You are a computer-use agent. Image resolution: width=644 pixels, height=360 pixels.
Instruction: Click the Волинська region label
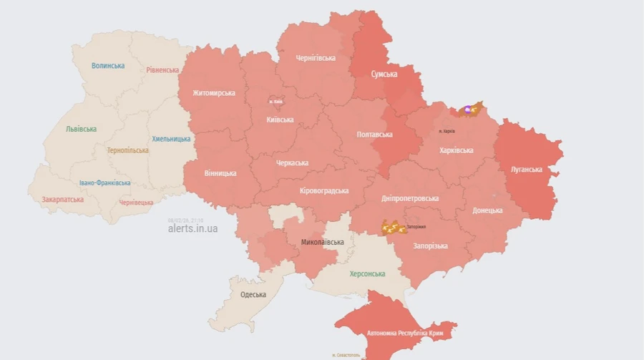click(x=108, y=66)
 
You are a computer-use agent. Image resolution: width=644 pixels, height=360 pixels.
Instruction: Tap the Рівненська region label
click(x=162, y=70)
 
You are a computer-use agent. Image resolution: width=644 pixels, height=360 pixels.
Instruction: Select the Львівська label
click(x=81, y=130)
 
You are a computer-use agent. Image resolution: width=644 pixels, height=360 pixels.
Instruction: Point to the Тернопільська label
click(x=128, y=151)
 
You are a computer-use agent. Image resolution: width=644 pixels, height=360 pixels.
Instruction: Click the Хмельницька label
click(x=171, y=139)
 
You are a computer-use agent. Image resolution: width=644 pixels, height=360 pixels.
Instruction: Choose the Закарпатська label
click(x=62, y=200)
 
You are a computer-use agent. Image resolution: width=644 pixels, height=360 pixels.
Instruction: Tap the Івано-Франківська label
click(x=105, y=183)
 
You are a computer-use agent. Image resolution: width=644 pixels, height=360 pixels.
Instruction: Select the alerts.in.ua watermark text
click(x=192, y=229)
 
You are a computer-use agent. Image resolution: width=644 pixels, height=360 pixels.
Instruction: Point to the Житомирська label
click(x=214, y=93)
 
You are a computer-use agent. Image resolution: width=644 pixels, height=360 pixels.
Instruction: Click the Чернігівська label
click(x=316, y=58)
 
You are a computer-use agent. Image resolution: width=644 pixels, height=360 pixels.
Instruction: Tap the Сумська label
click(x=384, y=74)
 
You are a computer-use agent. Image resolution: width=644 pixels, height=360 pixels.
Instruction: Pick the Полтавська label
click(x=375, y=135)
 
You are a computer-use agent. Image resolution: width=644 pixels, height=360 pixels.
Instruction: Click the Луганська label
click(x=526, y=170)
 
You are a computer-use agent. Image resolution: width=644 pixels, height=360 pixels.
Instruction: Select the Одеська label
click(x=253, y=295)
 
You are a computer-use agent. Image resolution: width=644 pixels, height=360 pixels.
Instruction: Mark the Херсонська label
click(x=367, y=274)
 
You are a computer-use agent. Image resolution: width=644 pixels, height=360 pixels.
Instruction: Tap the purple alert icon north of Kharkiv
click(x=467, y=110)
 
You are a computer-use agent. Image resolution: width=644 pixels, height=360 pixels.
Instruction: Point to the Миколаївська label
click(x=323, y=242)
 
